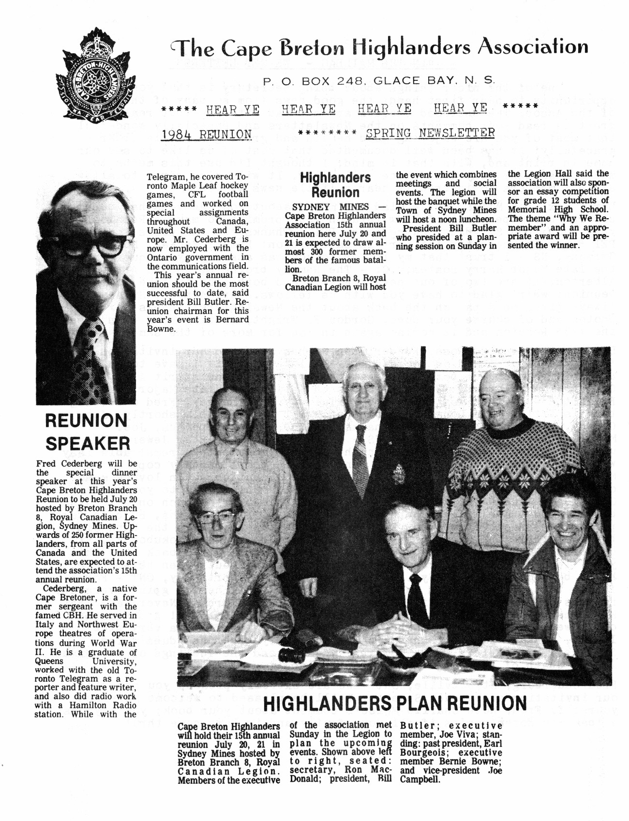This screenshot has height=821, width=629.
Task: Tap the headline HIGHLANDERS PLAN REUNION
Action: point(395,703)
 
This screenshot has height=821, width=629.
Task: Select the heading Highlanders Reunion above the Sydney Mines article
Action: point(335,185)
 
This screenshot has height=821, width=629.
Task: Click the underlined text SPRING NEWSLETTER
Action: point(430,133)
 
